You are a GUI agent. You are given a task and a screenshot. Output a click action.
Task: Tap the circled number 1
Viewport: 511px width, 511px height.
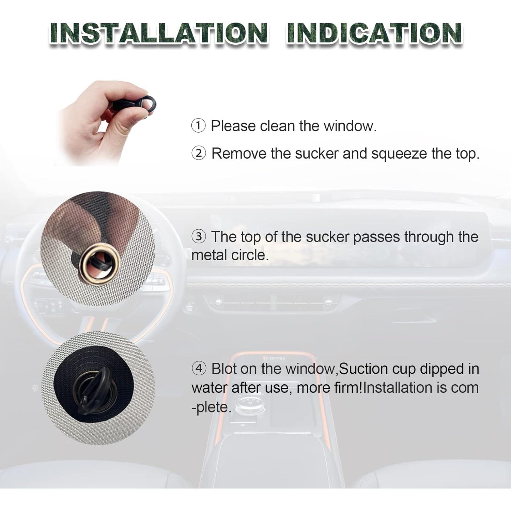[199, 126]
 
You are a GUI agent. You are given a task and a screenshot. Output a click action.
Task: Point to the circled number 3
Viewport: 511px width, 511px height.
[199, 236]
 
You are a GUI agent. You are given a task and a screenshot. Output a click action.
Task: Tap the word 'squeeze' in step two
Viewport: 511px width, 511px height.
[399, 154]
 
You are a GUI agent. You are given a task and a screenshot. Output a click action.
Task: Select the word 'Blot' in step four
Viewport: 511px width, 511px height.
[224, 369]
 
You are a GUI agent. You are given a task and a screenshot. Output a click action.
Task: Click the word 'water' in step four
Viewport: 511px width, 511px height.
[209, 388]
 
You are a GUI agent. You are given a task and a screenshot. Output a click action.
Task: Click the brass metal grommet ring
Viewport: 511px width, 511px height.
[99, 264]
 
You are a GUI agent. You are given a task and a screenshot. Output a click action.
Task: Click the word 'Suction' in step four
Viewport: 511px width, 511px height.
[363, 369]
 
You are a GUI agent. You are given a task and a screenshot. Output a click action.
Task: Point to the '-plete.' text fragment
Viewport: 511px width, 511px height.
[211, 407]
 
